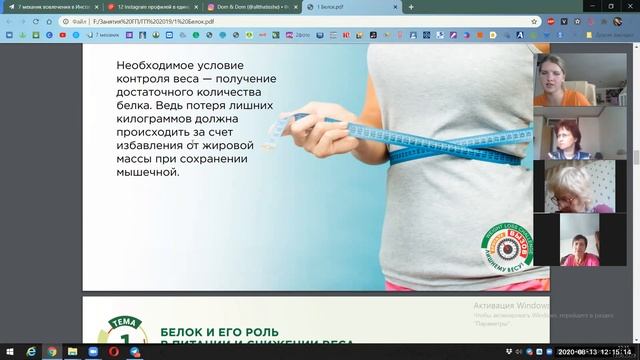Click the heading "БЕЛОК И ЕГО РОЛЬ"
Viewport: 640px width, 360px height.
(x=220, y=331)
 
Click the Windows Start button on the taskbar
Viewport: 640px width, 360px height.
(x=9, y=352)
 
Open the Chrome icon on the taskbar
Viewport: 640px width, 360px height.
(x=52, y=352)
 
